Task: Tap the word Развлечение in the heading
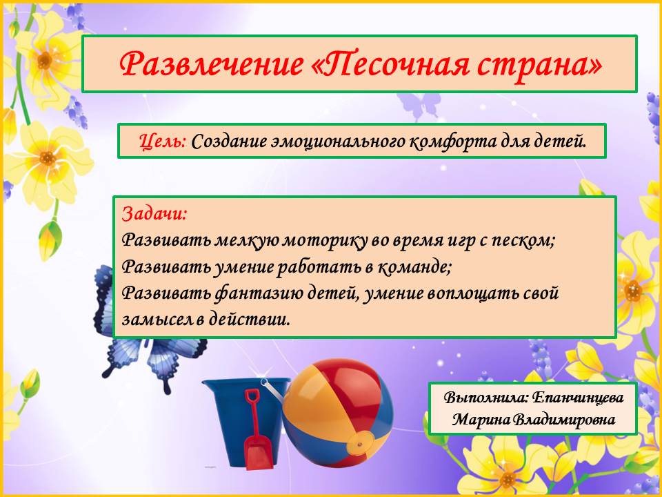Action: [x=211, y=64]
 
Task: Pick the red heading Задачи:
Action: [x=154, y=214]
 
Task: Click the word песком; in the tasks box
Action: [x=523, y=241]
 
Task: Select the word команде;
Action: [x=414, y=266]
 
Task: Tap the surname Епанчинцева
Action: [x=578, y=398]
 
